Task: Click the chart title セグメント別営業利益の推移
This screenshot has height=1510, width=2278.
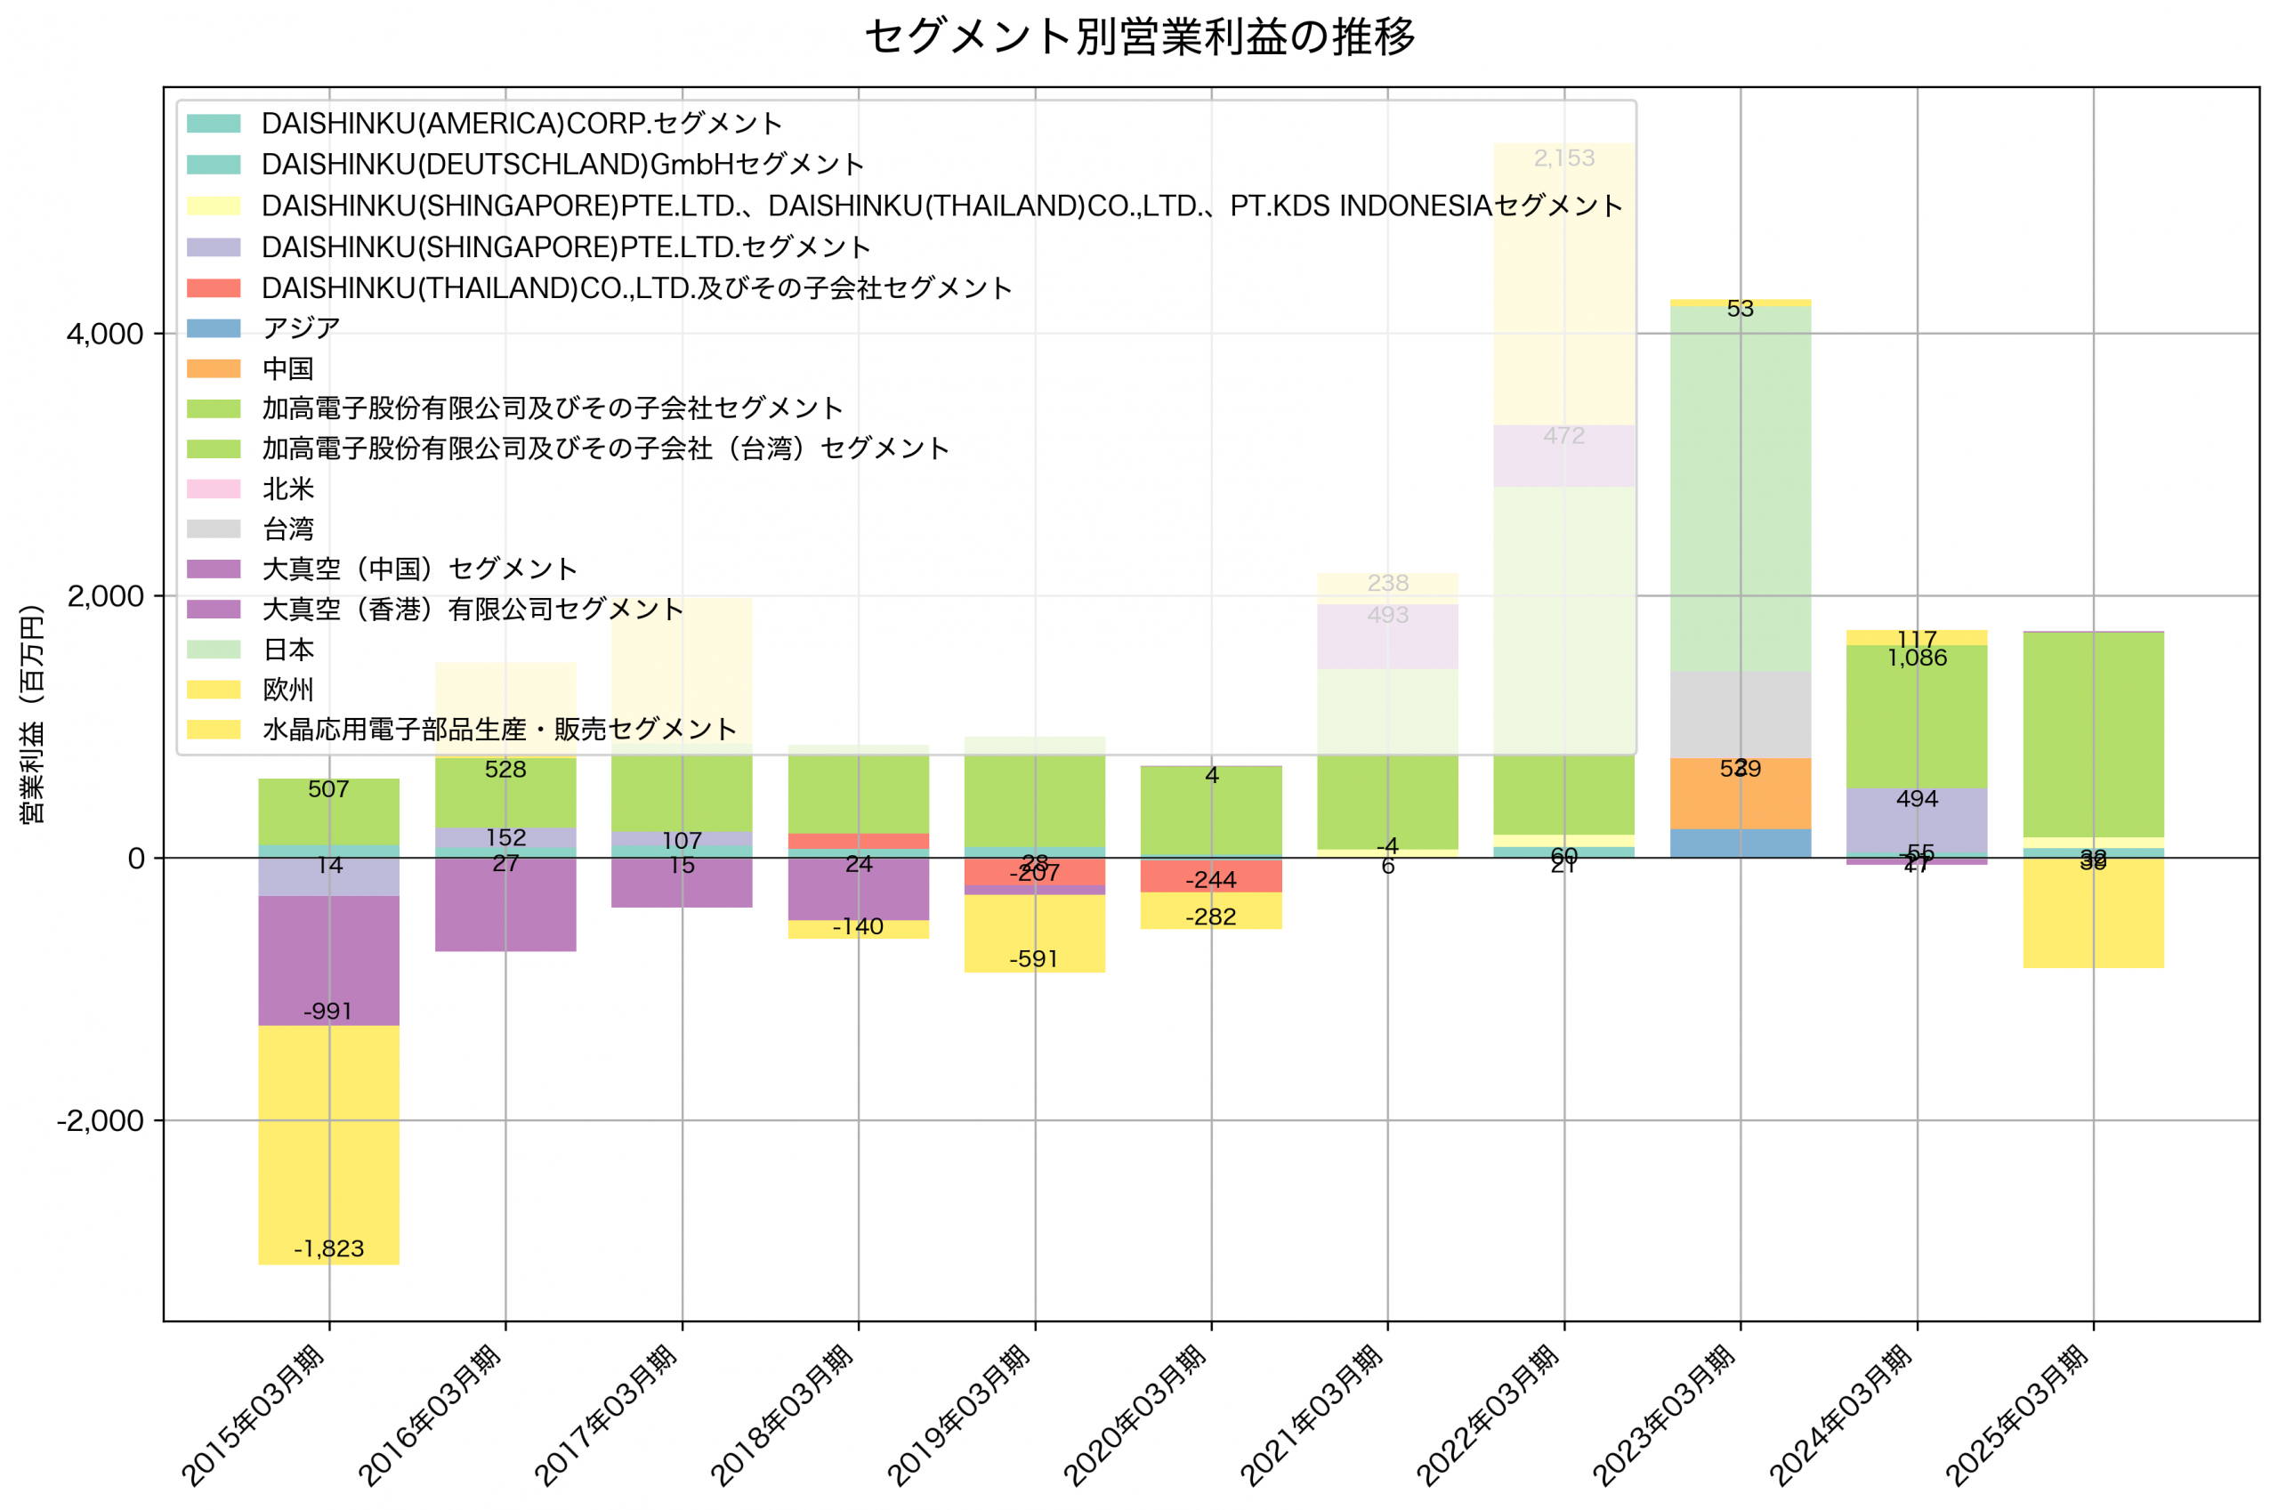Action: pos(1139,36)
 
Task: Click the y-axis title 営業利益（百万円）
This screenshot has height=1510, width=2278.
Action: pos(32,714)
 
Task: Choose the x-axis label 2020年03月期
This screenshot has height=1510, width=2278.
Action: pos(1136,1416)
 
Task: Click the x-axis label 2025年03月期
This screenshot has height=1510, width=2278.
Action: pos(2018,1416)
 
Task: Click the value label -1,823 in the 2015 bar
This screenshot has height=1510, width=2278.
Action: pos(328,1249)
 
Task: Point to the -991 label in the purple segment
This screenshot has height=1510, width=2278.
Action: pos(327,1011)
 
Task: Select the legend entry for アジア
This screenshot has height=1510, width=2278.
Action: pos(301,328)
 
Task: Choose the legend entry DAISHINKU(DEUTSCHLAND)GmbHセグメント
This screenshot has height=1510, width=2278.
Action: pos(562,165)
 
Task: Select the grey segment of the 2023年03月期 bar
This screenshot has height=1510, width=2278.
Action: pos(1740,715)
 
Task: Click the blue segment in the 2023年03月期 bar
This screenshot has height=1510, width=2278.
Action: pos(1740,844)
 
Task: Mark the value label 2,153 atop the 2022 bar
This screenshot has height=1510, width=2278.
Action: pos(1563,157)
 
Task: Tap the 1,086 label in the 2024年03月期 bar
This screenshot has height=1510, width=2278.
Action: pos(1917,658)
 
